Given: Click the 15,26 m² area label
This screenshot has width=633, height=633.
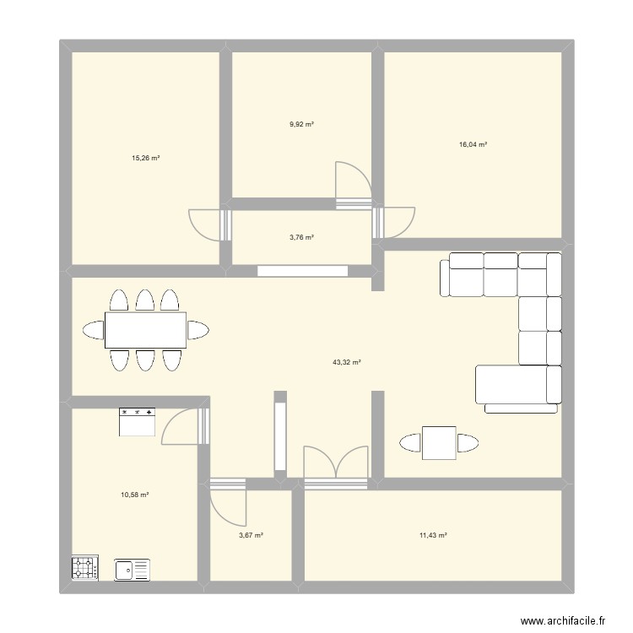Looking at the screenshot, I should click(x=146, y=158).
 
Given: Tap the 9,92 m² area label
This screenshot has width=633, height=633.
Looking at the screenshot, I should click(x=301, y=124).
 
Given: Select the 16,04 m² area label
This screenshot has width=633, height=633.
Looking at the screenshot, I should click(x=473, y=144).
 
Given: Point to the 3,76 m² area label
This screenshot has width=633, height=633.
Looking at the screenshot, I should click(x=301, y=237).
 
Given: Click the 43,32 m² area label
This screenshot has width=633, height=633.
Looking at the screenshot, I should click(x=346, y=362).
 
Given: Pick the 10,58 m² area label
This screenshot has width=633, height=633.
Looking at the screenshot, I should click(x=135, y=495).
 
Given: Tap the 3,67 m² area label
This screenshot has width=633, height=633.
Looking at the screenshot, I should click(x=252, y=534).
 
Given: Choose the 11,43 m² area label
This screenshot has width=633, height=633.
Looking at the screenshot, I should click(x=432, y=534).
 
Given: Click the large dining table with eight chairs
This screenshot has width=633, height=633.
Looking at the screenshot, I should click(x=145, y=330).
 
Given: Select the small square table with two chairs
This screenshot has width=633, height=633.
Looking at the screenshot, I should click(x=439, y=442).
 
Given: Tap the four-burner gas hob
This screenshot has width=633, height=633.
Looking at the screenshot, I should click(x=85, y=567).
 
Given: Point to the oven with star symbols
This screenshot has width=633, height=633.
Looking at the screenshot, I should click(x=138, y=421).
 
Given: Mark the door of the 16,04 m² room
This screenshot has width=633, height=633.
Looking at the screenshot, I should click(x=394, y=222).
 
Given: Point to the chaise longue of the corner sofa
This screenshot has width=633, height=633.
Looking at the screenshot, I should click(x=517, y=386).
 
